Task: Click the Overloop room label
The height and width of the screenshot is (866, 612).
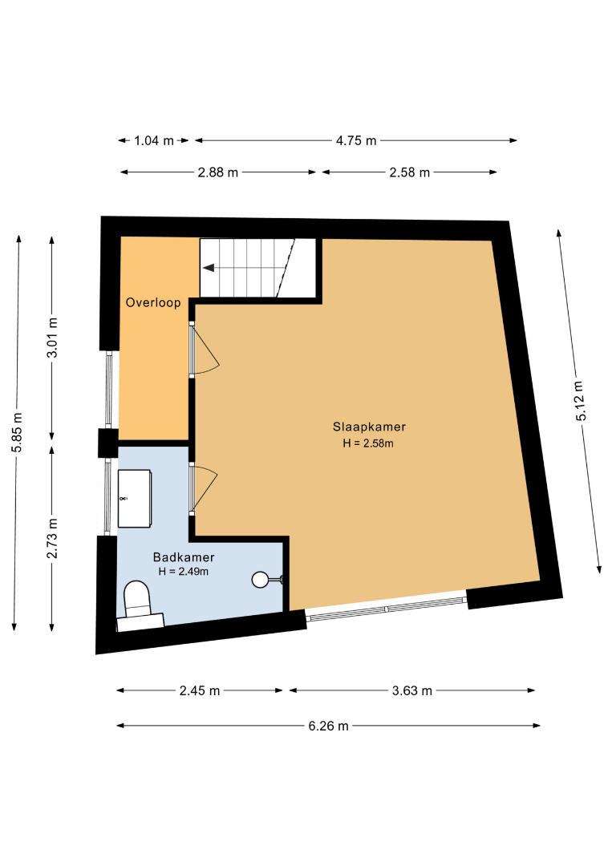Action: pyautogui.click(x=153, y=302)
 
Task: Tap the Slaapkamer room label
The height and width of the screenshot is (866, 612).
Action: pyautogui.click(x=369, y=427)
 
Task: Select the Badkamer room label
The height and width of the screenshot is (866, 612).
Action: pyautogui.click(x=184, y=557)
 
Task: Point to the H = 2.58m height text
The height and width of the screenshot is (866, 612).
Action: pyautogui.click(x=368, y=443)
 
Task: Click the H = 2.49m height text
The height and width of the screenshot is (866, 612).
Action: pyautogui.click(x=184, y=572)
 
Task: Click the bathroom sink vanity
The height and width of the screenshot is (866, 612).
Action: pyautogui.click(x=134, y=499)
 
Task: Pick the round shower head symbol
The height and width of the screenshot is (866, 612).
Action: pyautogui.click(x=260, y=580)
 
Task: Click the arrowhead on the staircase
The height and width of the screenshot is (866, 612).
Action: pyautogui.click(x=209, y=268)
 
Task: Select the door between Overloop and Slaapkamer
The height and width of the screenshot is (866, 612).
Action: pyautogui.click(x=205, y=350)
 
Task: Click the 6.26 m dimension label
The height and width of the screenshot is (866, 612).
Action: pyautogui.click(x=328, y=726)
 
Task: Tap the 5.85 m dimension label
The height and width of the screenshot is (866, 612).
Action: pyautogui.click(x=17, y=432)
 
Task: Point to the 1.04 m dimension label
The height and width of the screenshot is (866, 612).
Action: pyautogui.click(x=153, y=141)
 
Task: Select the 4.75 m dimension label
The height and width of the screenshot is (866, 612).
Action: pyautogui.click(x=356, y=141)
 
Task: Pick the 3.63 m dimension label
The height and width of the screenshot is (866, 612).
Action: pyautogui.click(x=412, y=691)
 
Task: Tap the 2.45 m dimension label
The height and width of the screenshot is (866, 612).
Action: pyautogui.click(x=200, y=691)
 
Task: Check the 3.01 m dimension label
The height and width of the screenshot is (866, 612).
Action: pyautogui.click(x=52, y=338)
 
